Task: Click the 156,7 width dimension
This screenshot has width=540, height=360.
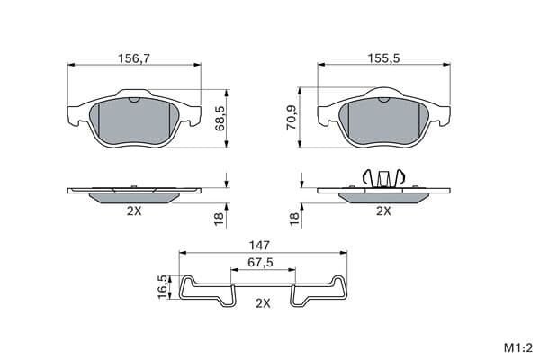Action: (134, 58)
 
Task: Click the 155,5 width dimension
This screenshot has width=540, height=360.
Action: (383, 58)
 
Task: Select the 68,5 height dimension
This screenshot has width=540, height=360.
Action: (220, 118)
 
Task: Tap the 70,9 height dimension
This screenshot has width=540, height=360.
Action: (292, 118)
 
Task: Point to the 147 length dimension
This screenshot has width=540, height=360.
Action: (259, 246)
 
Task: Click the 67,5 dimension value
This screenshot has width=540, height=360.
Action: (260, 263)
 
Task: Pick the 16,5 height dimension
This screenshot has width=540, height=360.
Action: (163, 286)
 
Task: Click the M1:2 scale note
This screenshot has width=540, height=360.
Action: (518, 348)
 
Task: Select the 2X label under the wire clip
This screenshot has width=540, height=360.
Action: (263, 303)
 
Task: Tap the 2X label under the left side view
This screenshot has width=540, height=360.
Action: (134, 211)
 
